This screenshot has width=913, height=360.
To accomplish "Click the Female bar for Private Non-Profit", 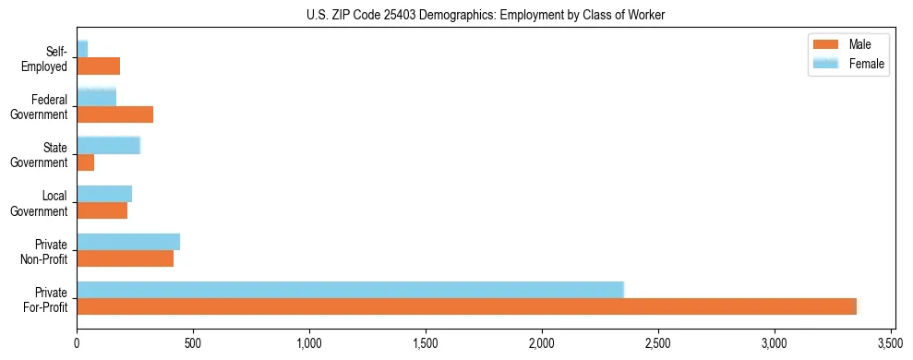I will [x=128, y=241].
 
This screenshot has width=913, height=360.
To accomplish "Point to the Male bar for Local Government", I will [x=102, y=210].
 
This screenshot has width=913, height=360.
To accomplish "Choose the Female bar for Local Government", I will [x=104, y=193].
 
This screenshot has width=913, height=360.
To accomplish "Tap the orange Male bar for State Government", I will [x=86, y=162].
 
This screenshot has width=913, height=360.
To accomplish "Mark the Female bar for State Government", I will [x=109, y=145].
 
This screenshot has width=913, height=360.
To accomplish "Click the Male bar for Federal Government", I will [x=115, y=114].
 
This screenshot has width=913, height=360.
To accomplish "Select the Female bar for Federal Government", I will [x=97, y=97].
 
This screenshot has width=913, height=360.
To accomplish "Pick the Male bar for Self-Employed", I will [x=99, y=66].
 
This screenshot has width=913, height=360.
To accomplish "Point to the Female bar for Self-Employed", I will [x=82, y=49].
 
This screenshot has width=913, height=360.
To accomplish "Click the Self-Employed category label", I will [x=44, y=58].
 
